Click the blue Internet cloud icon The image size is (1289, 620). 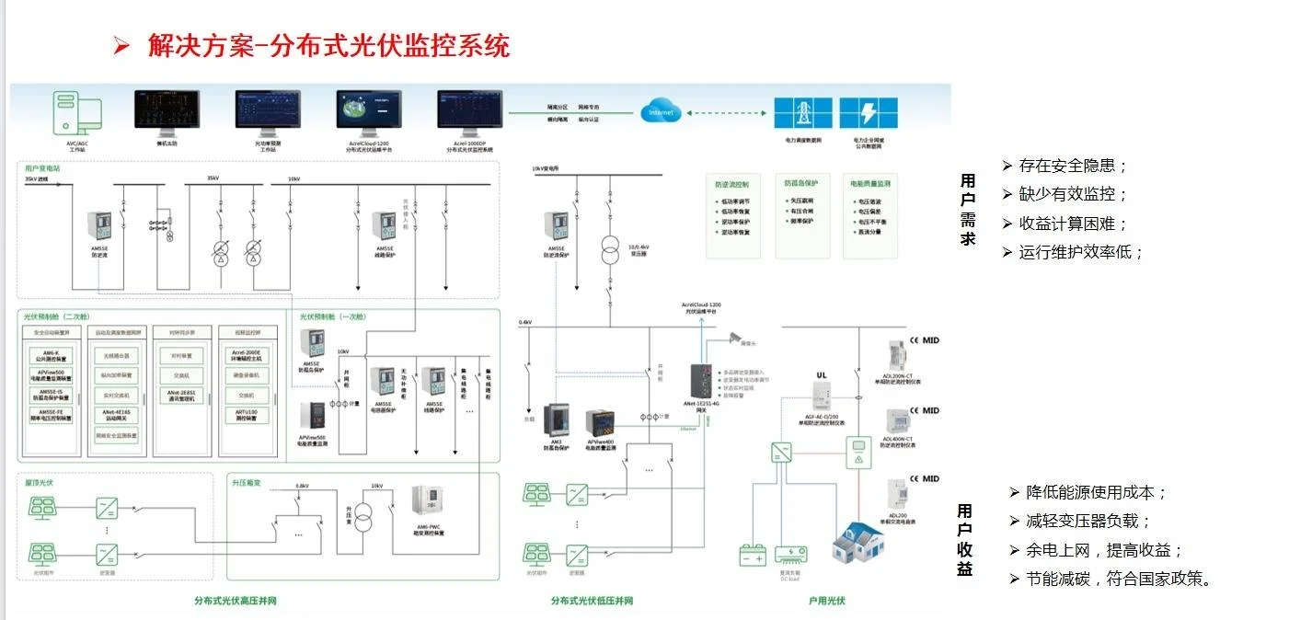tap(661, 112)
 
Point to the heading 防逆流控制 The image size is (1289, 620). tap(732, 183)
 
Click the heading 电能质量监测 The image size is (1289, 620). tap(870, 183)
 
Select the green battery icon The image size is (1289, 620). tap(753, 555)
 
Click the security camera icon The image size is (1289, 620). tap(736, 338)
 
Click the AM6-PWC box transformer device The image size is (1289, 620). tap(430, 505)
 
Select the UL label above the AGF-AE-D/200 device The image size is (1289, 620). tap(823, 374)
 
